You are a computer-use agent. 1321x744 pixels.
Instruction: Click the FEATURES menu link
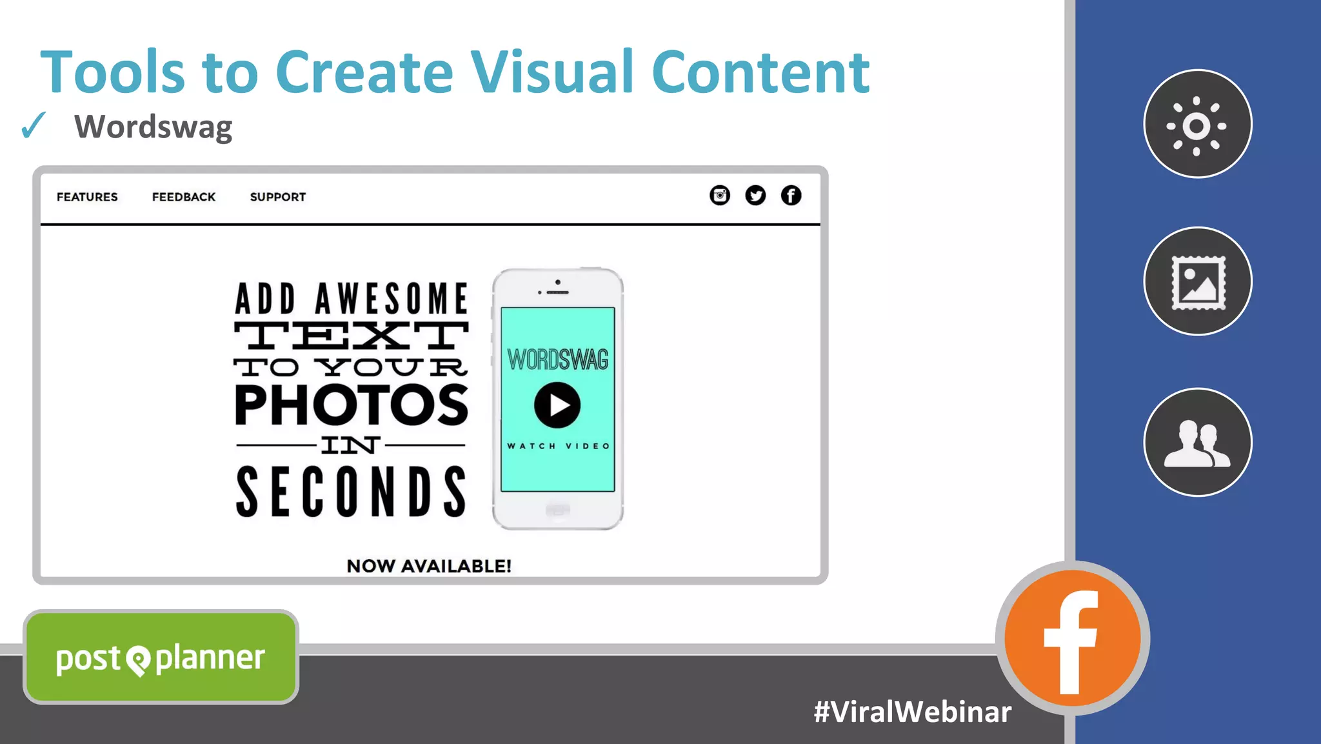[x=87, y=197]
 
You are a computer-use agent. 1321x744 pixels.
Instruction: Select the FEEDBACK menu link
[x=184, y=197]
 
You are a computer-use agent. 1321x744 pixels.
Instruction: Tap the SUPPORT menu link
[x=278, y=197]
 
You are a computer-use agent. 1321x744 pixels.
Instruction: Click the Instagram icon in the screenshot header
[x=720, y=195]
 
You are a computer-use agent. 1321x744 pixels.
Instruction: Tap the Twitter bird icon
[x=755, y=195]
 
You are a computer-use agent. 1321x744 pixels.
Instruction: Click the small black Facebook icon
[x=791, y=195]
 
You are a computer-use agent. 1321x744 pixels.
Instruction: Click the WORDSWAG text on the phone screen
[x=558, y=359]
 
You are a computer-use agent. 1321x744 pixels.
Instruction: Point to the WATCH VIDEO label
[x=558, y=446]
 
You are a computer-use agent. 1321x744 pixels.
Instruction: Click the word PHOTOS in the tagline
[x=352, y=405]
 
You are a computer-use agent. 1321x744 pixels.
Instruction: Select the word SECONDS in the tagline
[x=352, y=493]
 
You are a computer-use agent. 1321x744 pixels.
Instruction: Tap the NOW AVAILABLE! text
[x=429, y=566]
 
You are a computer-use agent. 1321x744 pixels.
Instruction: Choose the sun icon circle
[x=1197, y=124]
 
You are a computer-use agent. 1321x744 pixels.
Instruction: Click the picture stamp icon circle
[x=1197, y=281]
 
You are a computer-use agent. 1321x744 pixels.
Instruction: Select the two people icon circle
[x=1197, y=442]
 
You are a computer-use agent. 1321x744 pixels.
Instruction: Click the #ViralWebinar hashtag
[x=912, y=712]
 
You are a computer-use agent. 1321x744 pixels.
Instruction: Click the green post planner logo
[x=161, y=658]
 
